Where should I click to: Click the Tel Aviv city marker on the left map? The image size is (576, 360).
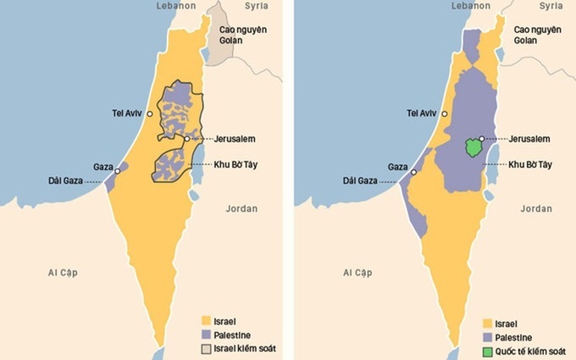pyautogui.click(x=150, y=114)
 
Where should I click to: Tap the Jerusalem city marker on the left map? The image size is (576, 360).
pyautogui.click(x=187, y=138)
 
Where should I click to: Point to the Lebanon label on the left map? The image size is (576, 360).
pyautogui.click(x=176, y=6)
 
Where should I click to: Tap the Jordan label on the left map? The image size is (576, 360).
pyautogui.click(x=243, y=208)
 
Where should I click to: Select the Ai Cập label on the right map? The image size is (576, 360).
pyautogui.click(x=357, y=272)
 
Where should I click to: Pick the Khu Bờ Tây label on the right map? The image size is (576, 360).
pyautogui.click(x=529, y=164)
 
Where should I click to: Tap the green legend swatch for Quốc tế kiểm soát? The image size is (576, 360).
pyautogui.click(x=487, y=351)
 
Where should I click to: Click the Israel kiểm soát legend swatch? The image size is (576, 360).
pyautogui.click(x=203, y=348)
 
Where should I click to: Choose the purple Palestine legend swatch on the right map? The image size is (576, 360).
pyautogui.click(x=487, y=337)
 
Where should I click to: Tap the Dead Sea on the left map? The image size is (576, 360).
pyautogui.click(x=197, y=169)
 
